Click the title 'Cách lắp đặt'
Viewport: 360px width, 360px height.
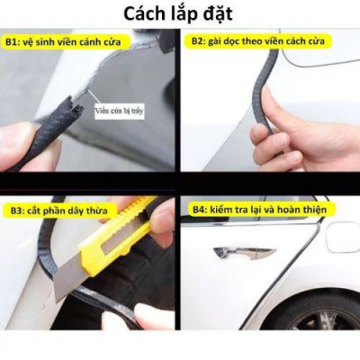180,13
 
